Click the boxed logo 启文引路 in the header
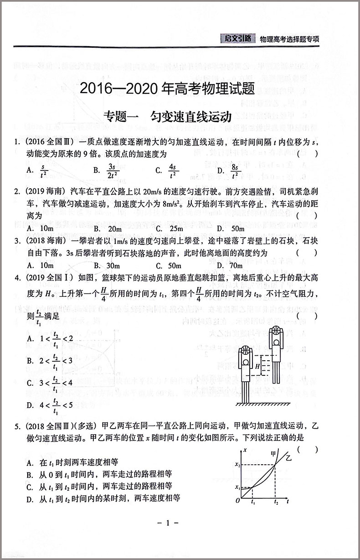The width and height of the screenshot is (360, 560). click(235, 39)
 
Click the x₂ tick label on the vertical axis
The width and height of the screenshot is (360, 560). click(237, 465)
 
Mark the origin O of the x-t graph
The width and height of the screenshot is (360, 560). click(237, 501)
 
